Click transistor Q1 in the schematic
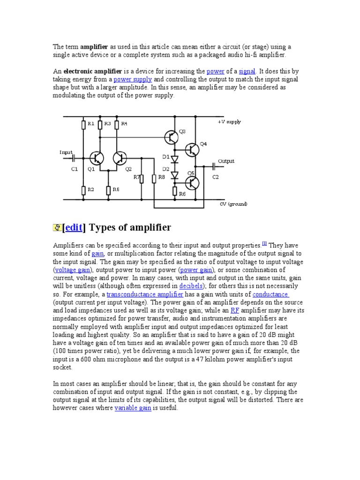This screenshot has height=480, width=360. pyautogui.click(x=97, y=158)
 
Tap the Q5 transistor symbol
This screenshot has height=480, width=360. pyautogui.click(x=192, y=182)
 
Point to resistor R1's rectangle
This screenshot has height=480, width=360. pyautogui.click(x=84, y=124)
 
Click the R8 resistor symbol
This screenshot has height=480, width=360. pyautogui.click(x=154, y=178)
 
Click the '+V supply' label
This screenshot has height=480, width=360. pyautogui.click(x=229, y=122)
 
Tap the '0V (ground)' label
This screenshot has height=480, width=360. pyautogui.click(x=233, y=204)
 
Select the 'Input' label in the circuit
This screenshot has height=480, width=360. pyautogui.click(x=66, y=152)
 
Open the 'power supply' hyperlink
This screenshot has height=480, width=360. pyautogui.click(x=133, y=79)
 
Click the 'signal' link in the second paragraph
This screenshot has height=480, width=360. pyautogui.click(x=247, y=71)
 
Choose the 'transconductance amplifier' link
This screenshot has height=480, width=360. pyautogui.click(x=145, y=294)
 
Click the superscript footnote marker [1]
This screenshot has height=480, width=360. pyautogui.click(x=264, y=243)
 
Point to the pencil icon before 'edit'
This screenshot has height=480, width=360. pyautogui.click(x=57, y=228)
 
